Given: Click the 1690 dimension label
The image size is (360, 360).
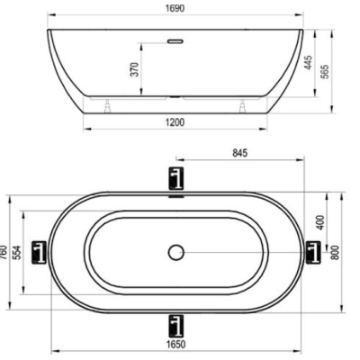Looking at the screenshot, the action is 175,8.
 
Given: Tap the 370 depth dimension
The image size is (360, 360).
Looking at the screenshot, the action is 135,69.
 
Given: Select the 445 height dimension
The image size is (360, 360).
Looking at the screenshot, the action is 308,62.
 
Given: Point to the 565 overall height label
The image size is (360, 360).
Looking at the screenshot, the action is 325,71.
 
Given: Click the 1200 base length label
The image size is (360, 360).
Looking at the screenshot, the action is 175,122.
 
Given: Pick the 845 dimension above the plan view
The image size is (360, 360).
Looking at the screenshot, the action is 240,153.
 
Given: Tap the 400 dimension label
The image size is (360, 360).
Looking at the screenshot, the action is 320,222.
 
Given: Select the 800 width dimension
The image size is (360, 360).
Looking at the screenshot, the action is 336,252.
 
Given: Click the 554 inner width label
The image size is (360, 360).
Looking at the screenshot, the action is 18,253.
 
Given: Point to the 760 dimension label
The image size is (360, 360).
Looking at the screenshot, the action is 4,253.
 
